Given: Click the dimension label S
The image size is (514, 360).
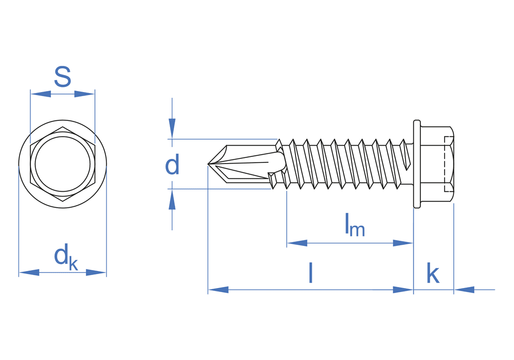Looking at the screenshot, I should pos(62,77).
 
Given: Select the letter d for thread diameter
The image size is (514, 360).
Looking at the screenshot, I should pos(172,165).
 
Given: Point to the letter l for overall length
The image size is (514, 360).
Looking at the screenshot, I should pos(310,273).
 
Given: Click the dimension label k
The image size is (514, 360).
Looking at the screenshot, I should pos(433,274).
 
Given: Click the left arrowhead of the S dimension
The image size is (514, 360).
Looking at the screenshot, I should pos(41,94).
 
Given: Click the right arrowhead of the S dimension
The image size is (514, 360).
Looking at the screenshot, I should pos(84,94).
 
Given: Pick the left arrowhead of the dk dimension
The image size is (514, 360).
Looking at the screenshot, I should pos(29,273).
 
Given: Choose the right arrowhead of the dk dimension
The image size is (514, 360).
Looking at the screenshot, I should pos(96,273).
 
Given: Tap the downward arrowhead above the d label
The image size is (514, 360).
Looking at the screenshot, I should pos(172,128).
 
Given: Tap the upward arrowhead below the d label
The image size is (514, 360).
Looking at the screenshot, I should pos(172,200).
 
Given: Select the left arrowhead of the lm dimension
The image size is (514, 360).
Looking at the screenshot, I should pos(297,243).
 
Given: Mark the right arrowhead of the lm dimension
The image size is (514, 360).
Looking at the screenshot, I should pos(403,243).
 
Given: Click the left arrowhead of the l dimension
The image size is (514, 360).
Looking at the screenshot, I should pos(218,290).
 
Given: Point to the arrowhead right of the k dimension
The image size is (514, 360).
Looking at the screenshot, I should pos(464,290).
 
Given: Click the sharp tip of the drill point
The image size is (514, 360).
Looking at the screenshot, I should pos(209,164).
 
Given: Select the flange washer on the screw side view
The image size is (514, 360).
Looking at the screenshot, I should pos(417,164).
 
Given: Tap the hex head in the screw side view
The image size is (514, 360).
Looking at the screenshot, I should pos(436,164).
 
